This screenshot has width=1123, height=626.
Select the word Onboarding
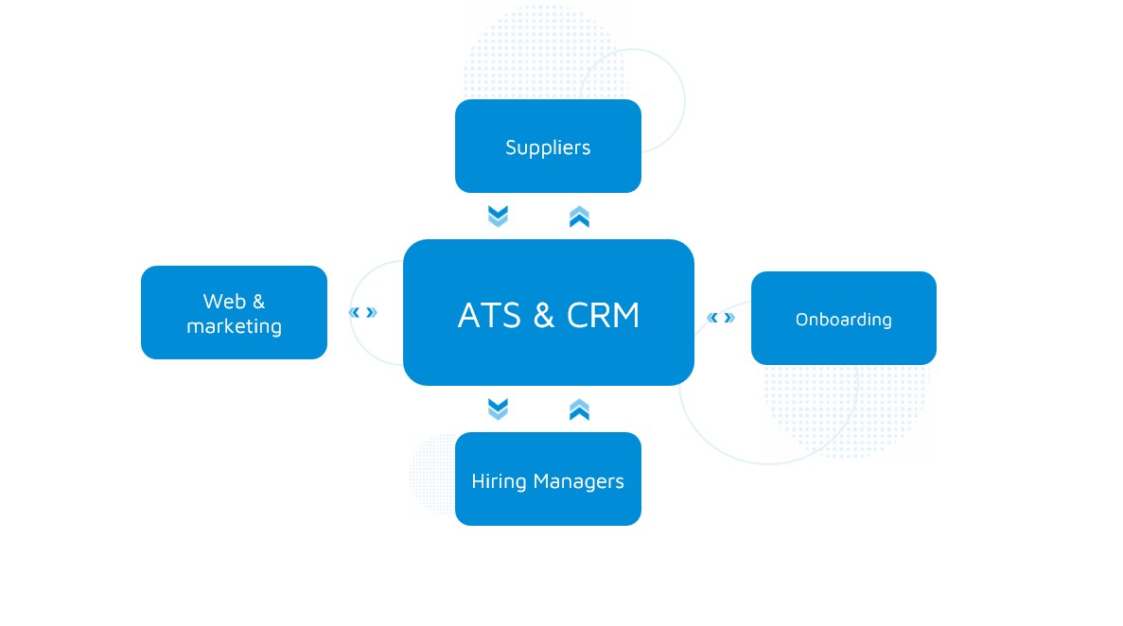(x=843, y=320)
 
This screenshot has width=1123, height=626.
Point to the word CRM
(x=603, y=315)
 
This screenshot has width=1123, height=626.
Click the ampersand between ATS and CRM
(x=544, y=315)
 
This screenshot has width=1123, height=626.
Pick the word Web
(x=223, y=302)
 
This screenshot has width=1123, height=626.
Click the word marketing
(x=234, y=326)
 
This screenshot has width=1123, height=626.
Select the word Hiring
(x=499, y=481)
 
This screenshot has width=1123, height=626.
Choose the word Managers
(x=578, y=481)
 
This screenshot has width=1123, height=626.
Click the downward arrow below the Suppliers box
(x=498, y=217)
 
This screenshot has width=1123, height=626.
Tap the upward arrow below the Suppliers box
(x=579, y=217)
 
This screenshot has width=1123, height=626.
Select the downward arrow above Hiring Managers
(x=498, y=409)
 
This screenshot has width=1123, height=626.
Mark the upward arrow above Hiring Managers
(x=579, y=409)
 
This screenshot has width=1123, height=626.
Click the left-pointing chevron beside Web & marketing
(x=355, y=312)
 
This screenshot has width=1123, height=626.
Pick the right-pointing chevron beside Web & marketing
(x=372, y=312)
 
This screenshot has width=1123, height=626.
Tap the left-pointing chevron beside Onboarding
(x=712, y=318)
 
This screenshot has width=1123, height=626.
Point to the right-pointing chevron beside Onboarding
(x=729, y=318)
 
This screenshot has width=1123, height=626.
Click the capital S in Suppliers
(x=511, y=148)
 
